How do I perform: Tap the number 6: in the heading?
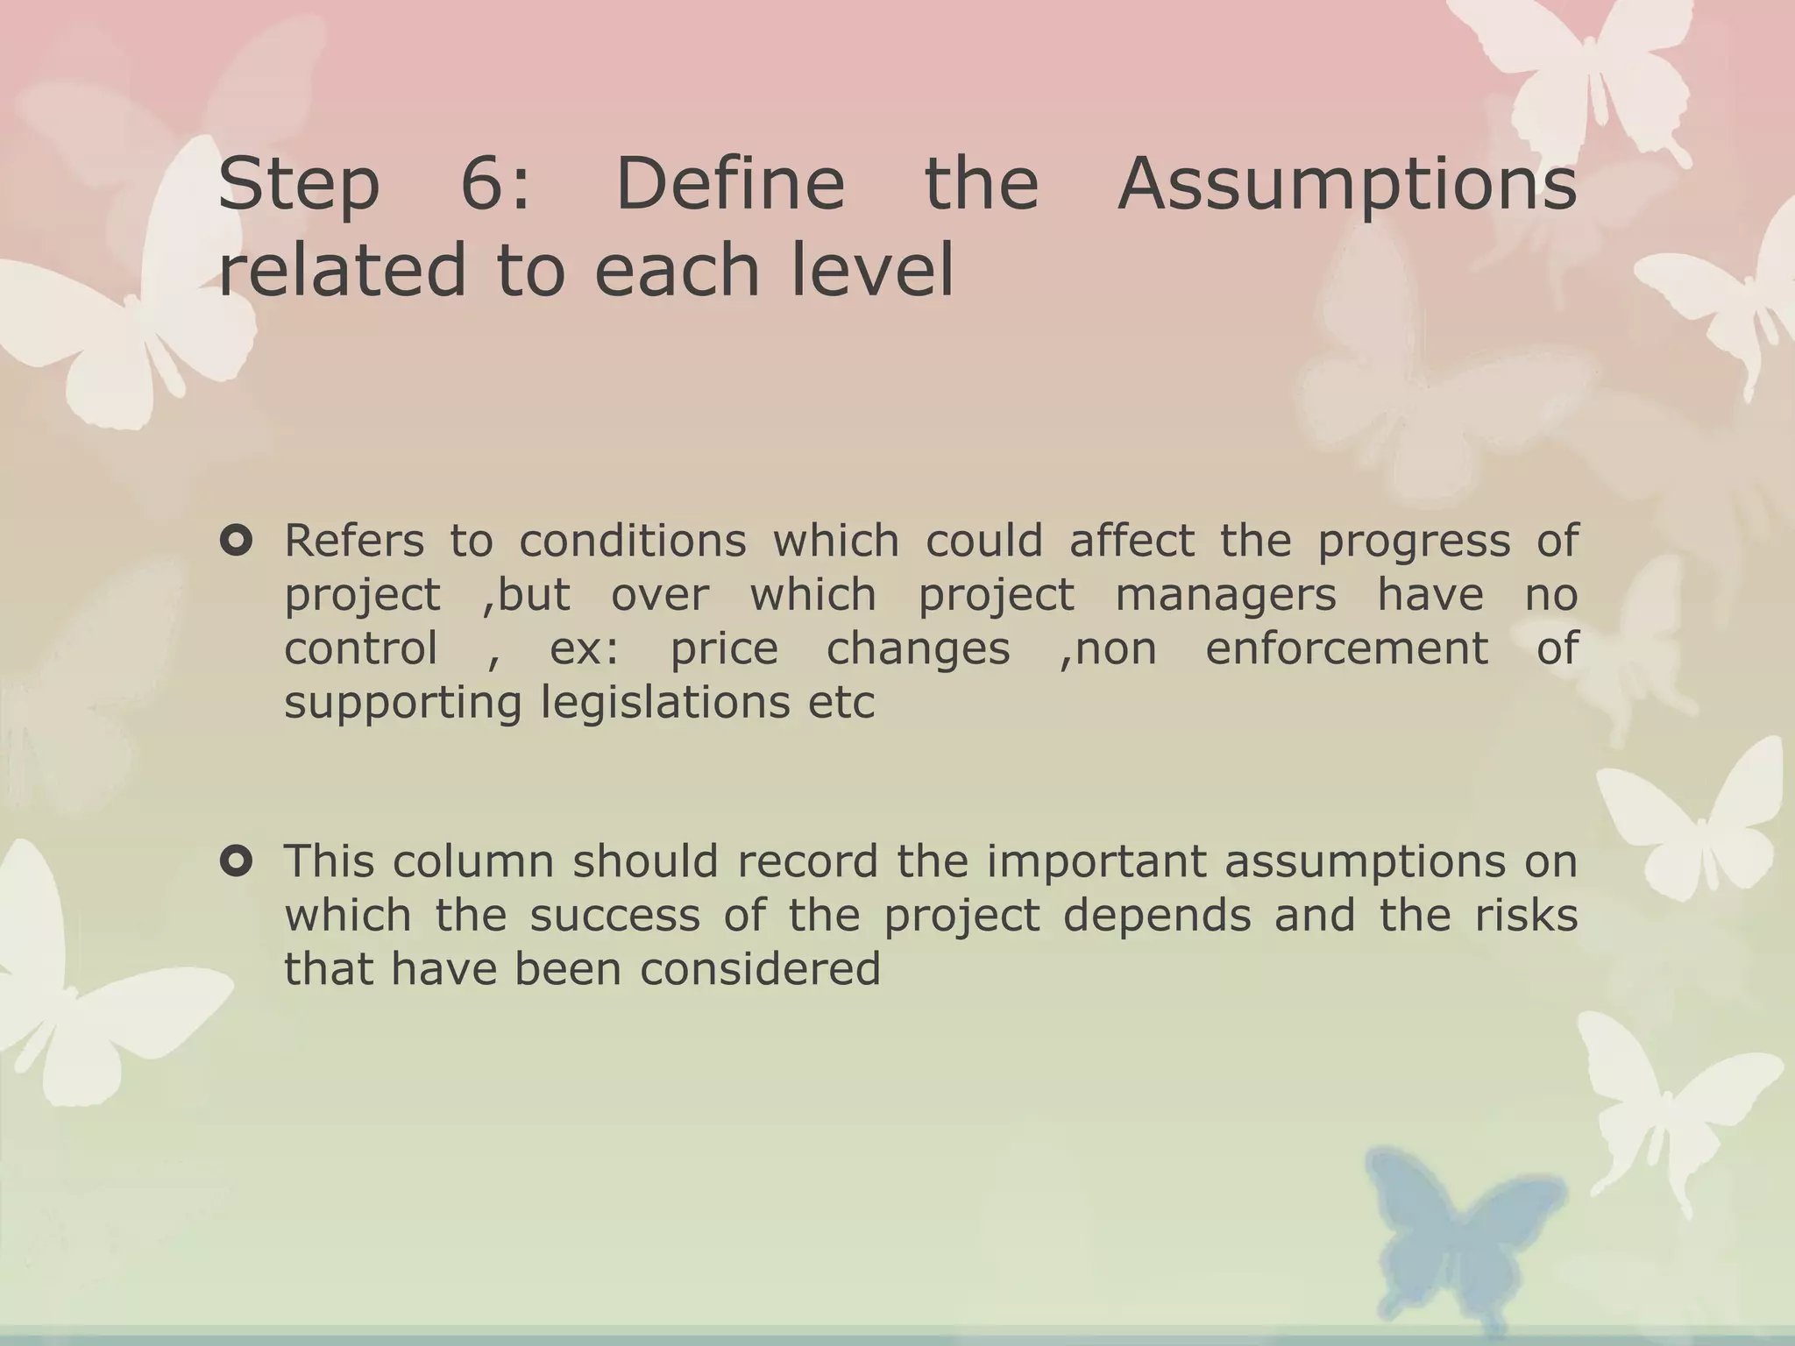496,184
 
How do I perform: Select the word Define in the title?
730,184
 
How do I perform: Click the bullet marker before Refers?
237,541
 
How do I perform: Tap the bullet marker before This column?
237,861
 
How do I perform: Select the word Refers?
354,541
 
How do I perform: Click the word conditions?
632,541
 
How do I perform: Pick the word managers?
1225,595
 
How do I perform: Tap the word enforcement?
1346,648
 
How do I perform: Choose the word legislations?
665,703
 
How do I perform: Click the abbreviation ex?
585,649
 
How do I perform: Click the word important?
1095,861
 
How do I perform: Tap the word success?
614,916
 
